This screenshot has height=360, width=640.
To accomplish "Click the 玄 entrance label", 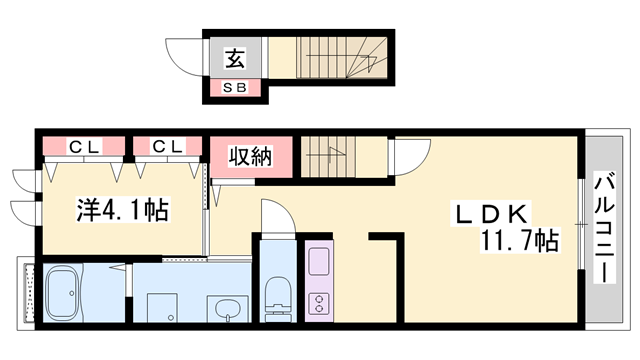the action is [236, 58].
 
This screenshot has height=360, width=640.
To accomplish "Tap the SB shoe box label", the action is [235, 87].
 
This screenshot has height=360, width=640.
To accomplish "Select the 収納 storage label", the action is [250, 156].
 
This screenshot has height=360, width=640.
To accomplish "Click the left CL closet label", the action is [84, 146].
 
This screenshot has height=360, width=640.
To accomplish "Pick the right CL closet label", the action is [167, 146].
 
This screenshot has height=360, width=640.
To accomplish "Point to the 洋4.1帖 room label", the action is [122, 210].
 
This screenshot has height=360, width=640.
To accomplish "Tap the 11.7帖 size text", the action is [519, 240].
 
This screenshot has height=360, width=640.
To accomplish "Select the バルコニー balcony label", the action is [604, 228].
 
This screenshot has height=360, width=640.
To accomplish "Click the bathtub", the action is [62, 293].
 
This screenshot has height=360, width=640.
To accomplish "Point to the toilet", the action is [278, 298].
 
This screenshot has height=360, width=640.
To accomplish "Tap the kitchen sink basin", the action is [319, 261].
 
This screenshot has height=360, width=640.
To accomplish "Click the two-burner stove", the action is [319, 303].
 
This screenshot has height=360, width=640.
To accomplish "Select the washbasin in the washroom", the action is [228, 309].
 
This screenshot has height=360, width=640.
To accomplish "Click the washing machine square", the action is [162, 307].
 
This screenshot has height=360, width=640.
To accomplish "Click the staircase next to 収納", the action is [329, 157].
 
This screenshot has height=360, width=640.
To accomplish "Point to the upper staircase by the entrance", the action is [341, 57].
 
